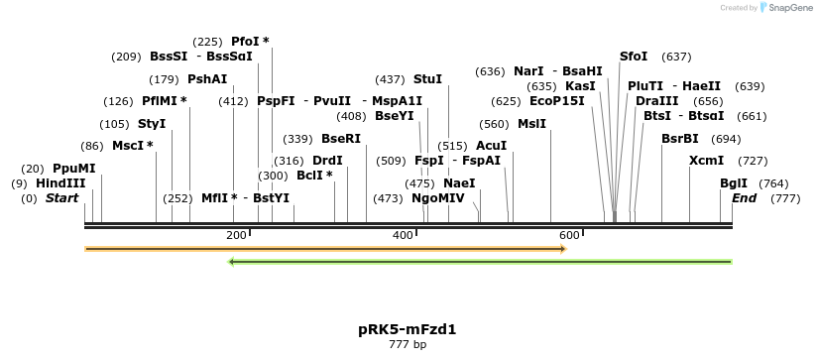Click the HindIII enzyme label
coord(60,183)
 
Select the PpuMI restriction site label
coord(74,169)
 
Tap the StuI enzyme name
coord(427,79)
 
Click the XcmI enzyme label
coord(706,161)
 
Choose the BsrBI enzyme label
coord(679,139)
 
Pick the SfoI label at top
coord(633,57)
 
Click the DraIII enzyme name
coord(657,101)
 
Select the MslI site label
coord(531,124)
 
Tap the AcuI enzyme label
coord(491,146)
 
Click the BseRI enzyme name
coord(341,139)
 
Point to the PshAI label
coord(207,79)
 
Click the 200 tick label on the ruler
coord(236,235)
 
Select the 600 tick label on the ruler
coord(569,235)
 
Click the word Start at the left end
coord(61,198)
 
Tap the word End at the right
coord(744,198)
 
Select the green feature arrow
coord(480,262)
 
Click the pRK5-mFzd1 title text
coord(407,329)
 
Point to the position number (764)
coord(773,183)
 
